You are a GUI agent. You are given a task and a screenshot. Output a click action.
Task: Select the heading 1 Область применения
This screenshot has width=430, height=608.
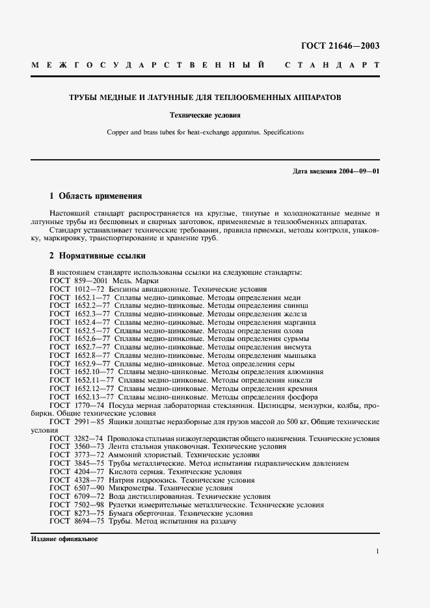(96, 196)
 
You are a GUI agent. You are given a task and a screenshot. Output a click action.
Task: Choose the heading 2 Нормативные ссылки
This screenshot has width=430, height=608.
(98, 256)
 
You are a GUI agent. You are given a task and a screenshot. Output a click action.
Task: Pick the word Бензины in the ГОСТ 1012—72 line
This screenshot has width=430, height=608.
(124, 289)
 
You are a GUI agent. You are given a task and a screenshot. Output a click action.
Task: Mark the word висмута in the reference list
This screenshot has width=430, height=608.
(302, 347)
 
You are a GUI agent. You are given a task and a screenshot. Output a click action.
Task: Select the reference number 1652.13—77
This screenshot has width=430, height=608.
(93, 397)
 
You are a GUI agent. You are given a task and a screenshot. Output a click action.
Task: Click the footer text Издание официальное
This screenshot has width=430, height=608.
(64, 539)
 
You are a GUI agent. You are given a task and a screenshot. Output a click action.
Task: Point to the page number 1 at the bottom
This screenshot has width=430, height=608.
(377, 551)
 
